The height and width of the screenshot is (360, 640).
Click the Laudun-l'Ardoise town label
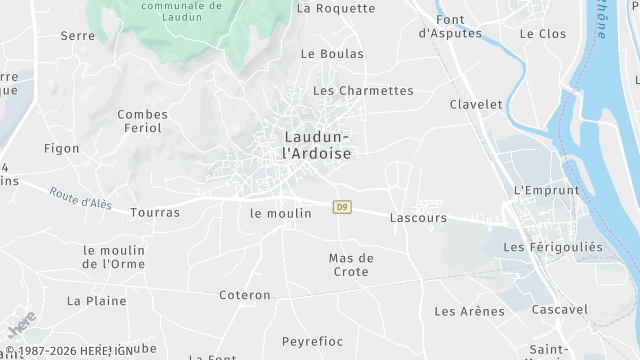click(316, 145)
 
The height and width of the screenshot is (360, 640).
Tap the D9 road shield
click(343, 208)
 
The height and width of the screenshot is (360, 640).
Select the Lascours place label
click(418, 217)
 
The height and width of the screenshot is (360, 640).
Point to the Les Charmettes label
click(363, 91)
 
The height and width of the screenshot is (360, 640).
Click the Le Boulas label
click(332, 54)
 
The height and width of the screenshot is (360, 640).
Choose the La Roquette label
click(336, 9)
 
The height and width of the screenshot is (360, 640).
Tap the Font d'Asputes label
click(450, 26)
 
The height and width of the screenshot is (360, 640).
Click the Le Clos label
click(543, 34)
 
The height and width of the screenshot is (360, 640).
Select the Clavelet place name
click(476, 105)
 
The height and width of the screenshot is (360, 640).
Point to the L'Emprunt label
click(546, 190)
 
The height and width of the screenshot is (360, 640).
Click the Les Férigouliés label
click(553, 247)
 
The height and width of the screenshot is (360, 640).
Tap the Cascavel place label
click(560, 310)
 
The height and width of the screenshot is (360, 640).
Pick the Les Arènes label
click(469, 311)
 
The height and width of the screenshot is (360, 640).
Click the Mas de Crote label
click(351, 265)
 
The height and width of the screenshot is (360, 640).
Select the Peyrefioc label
click(313, 341)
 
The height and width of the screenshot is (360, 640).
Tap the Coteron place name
click(246, 295)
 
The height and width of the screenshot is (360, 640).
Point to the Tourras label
click(155, 213)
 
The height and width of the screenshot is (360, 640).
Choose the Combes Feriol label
click(142, 122)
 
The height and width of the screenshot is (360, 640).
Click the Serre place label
click(77, 36)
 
